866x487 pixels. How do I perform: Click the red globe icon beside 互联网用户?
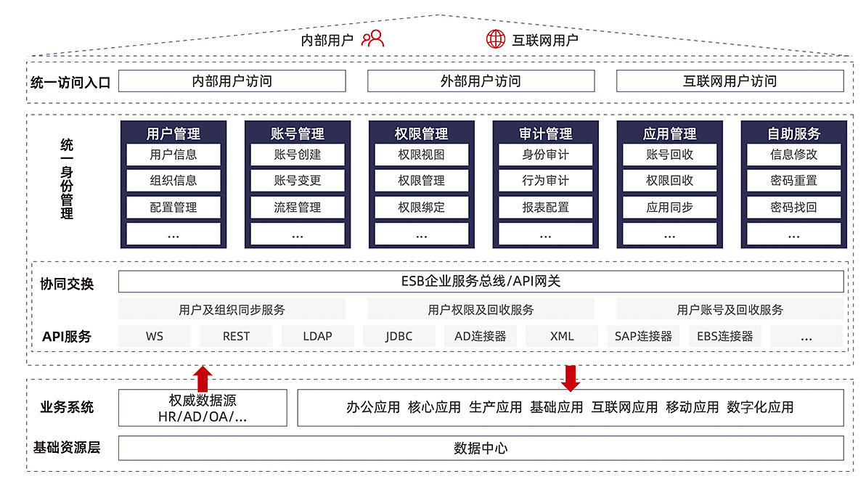click(x=495, y=39)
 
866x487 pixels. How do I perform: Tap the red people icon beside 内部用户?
click(x=372, y=38)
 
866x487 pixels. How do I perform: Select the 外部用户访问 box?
click(x=481, y=81)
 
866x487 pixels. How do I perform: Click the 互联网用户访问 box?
click(x=730, y=81)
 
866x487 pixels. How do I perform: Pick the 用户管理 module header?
click(x=173, y=134)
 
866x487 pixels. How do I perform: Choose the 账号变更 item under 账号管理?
click(x=298, y=181)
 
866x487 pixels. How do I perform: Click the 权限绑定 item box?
click(x=422, y=208)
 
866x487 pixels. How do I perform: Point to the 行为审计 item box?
click(x=546, y=181)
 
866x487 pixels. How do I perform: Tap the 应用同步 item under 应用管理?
click(x=670, y=208)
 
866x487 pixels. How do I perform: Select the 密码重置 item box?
click(x=793, y=181)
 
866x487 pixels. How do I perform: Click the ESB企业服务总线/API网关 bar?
click(x=481, y=282)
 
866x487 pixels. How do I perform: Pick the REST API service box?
click(x=236, y=336)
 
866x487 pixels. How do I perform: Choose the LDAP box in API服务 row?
click(x=317, y=336)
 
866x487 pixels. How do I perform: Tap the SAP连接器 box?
click(x=643, y=336)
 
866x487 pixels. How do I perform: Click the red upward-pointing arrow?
click(x=203, y=379)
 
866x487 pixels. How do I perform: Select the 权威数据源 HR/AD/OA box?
click(x=203, y=408)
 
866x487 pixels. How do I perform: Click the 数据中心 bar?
click(x=481, y=448)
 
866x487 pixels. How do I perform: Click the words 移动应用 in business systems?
click(x=692, y=408)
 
